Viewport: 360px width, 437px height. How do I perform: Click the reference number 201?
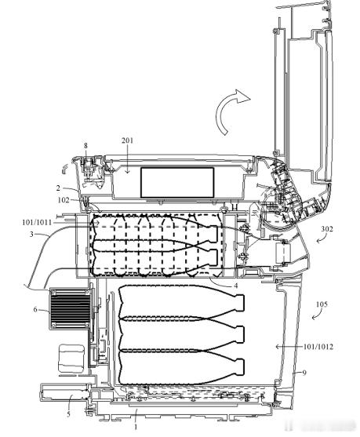127,140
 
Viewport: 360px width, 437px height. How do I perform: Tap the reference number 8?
85,146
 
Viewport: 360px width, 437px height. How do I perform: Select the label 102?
64,200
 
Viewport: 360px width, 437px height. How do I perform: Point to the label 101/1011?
37,222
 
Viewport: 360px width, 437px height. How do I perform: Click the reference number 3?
31,234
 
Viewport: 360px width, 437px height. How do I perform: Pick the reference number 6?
35,309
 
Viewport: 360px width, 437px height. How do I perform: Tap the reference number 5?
68,414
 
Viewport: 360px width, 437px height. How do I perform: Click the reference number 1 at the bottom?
136,427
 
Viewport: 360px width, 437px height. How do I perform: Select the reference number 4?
236,286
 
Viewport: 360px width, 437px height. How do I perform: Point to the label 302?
327,229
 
